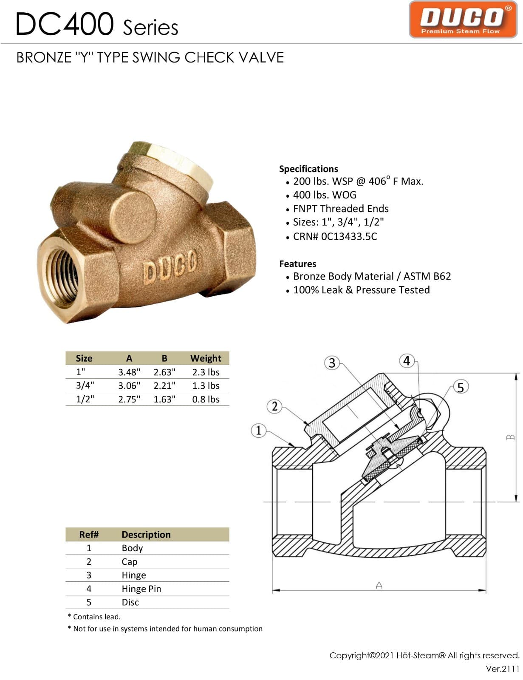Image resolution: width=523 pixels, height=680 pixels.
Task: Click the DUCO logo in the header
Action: (463, 20)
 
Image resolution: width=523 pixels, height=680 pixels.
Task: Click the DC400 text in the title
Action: (65, 24)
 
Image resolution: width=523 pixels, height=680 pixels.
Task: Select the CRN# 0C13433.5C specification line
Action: (335, 236)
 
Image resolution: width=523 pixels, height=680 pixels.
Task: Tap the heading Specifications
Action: (308, 169)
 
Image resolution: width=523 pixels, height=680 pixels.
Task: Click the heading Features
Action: (297, 263)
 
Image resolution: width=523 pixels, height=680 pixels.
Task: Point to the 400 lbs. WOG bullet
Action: (325, 195)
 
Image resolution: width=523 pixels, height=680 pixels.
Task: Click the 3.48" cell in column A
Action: (129, 372)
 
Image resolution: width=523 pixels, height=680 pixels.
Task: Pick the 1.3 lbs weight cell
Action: (206, 385)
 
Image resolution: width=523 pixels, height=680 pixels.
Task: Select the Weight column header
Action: (206, 358)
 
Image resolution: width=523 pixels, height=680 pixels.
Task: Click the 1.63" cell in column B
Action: (164, 399)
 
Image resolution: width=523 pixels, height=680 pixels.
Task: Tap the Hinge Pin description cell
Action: (141, 589)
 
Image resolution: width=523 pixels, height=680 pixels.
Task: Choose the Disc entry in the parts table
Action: (130, 602)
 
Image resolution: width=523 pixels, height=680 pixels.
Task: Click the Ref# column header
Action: (89, 534)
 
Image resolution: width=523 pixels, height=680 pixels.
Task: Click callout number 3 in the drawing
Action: (332, 363)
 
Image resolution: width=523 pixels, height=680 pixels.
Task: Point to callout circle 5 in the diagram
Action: (461, 387)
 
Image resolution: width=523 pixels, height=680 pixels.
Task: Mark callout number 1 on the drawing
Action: (258, 430)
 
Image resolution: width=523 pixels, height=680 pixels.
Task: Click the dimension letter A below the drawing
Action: (379, 585)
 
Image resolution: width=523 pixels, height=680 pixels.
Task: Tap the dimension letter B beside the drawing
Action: (511, 437)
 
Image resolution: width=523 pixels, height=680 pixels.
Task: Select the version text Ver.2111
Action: (502, 669)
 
